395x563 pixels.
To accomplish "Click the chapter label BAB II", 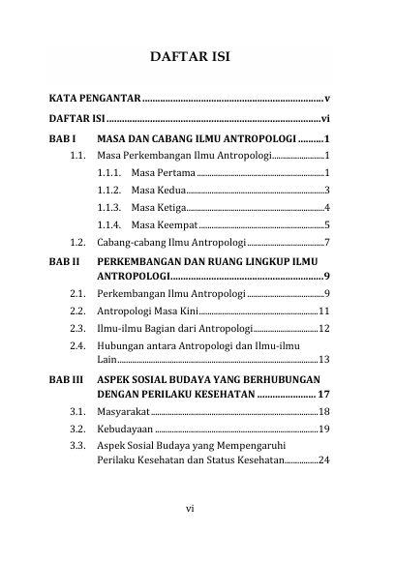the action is coord(64,261).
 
